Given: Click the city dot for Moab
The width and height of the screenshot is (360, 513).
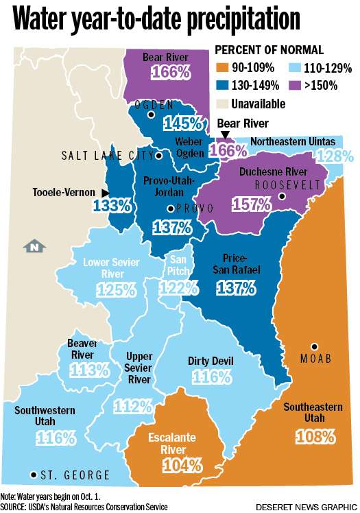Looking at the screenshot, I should [x=315, y=346].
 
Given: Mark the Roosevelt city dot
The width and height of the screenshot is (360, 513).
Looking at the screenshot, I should [x=282, y=196].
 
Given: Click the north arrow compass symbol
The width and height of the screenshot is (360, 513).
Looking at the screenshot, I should [x=32, y=246].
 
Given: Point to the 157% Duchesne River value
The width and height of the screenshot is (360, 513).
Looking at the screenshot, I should [x=250, y=204].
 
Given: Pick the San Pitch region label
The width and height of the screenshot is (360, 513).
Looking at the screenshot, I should [x=178, y=264].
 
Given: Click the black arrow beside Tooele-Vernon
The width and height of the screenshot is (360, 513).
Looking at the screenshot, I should [x=105, y=193].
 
